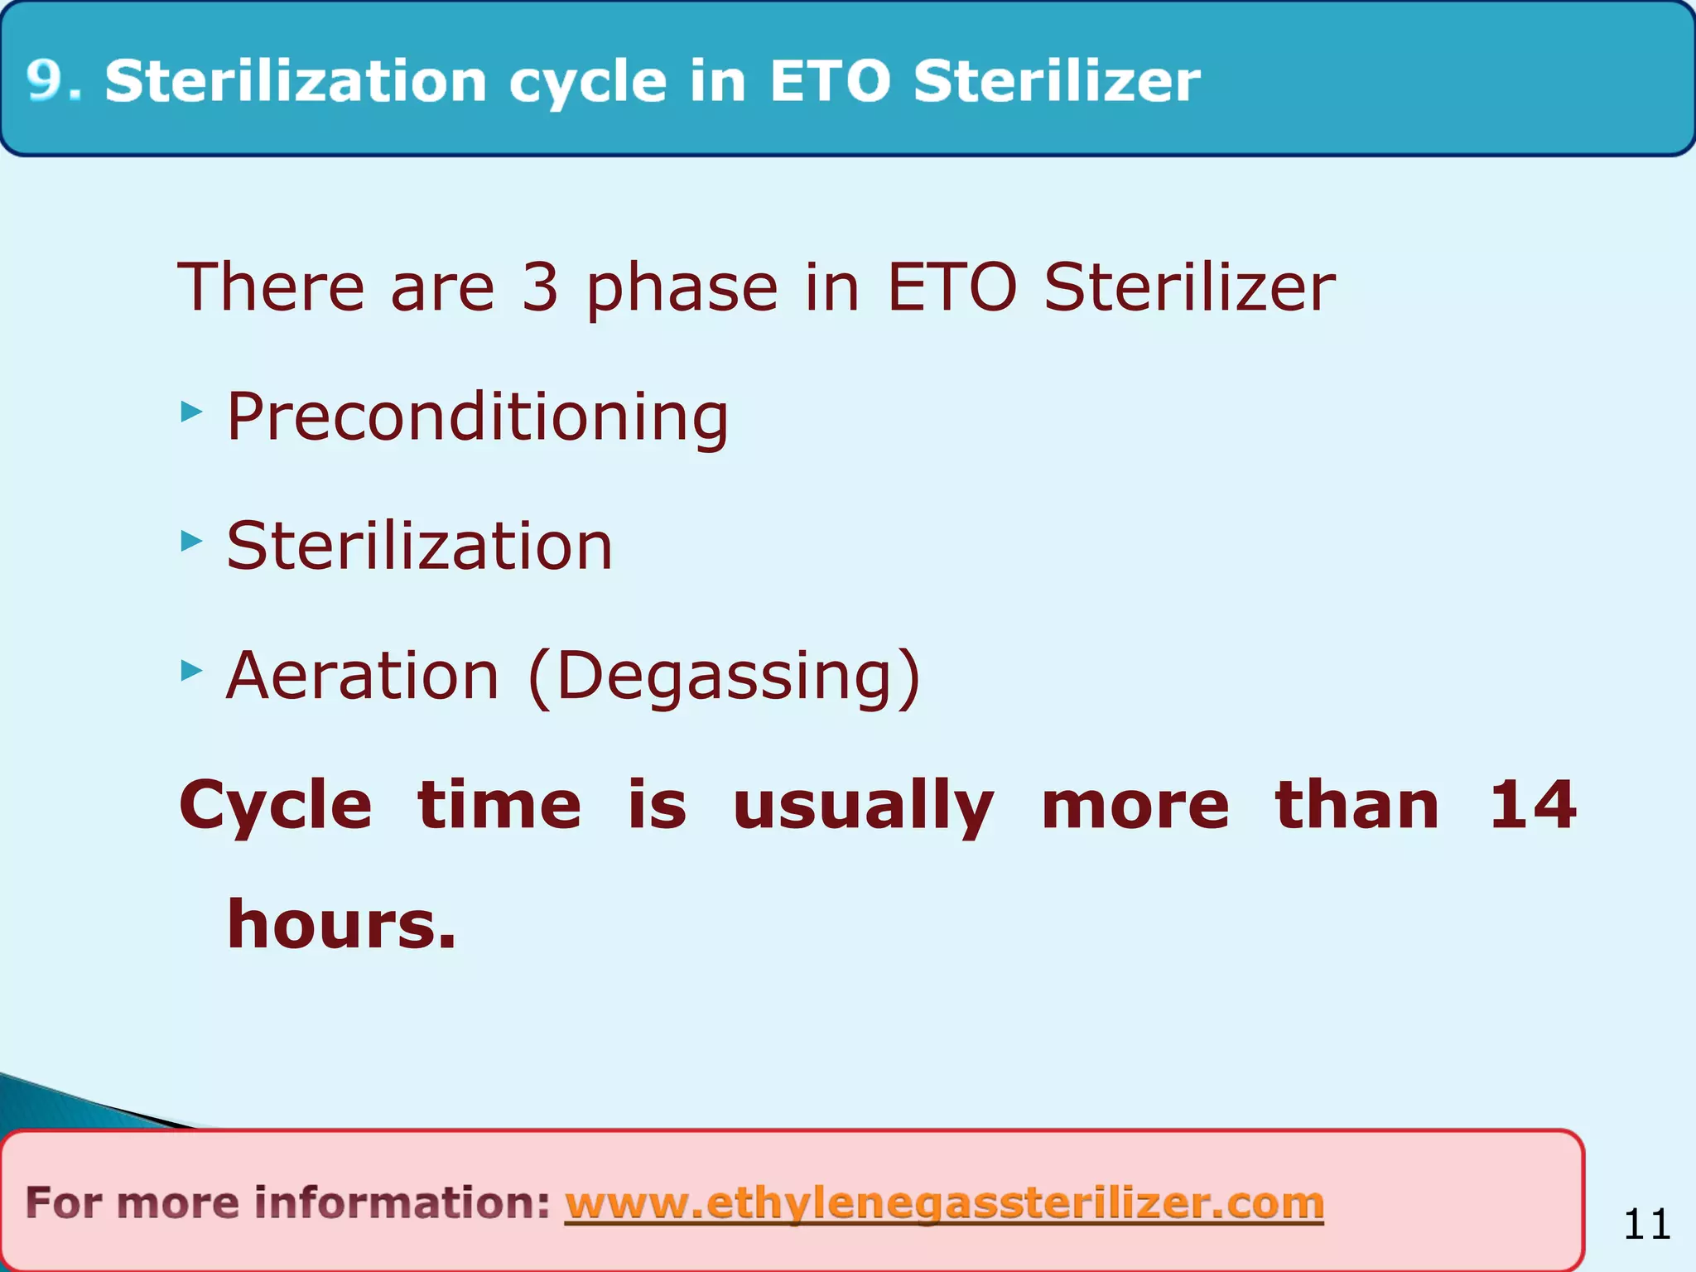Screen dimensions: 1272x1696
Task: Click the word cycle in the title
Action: (x=587, y=83)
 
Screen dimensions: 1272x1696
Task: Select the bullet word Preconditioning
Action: (x=477, y=417)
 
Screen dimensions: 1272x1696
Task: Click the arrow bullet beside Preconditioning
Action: (x=191, y=411)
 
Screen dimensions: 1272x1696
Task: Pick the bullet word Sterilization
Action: (x=419, y=546)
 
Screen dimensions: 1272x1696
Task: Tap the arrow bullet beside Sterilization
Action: (x=191, y=542)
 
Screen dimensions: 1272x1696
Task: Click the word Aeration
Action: (x=363, y=676)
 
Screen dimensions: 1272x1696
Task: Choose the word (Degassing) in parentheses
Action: (x=724, y=677)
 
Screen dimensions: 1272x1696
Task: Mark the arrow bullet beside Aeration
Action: (x=191, y=671)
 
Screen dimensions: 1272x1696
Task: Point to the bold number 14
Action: (x=1532, y=805)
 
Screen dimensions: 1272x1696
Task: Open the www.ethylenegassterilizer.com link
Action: (x=944, y=1203)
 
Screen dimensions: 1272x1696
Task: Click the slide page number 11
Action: (x=1646, y=1224)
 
